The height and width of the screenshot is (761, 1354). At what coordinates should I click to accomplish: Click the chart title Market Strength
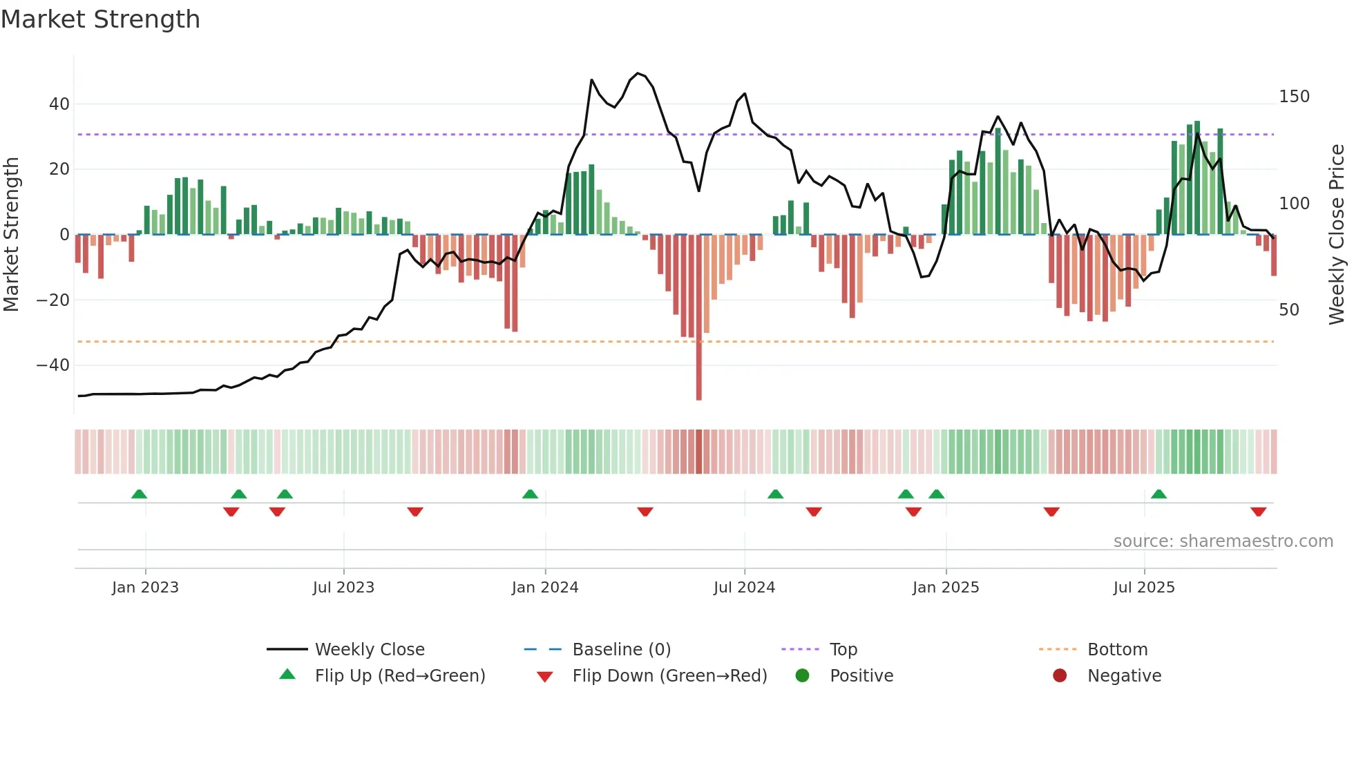pyautogui.click(x=100, y=19)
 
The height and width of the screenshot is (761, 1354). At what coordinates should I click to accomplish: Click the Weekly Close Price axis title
pyautogui.click(x=1337, y=234)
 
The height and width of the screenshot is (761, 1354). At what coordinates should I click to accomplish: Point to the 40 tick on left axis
pyautogui.click(x=59, y=104)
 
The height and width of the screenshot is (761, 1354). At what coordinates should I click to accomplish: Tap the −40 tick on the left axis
pyautogui.click(x=53, y=365)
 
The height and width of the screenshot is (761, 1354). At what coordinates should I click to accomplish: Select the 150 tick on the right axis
pyautogui.click(x=1293, y=97)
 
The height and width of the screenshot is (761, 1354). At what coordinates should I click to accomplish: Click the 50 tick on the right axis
pyautogui.click(x=1288, y=310)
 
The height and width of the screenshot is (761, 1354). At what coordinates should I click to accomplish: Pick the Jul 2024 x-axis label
pyautogui.click(x=744, y=588)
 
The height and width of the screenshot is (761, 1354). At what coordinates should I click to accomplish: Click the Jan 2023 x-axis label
pyautogui.click(x=145, y=588)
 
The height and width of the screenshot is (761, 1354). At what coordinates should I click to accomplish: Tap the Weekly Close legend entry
pyautogui.click(x=369, y=650)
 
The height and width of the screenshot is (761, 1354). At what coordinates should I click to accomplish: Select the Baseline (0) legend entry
pyautogui.click(x=621, y=650)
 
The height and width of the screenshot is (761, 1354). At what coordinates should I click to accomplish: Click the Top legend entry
pyautogui.click(x=843, y=650)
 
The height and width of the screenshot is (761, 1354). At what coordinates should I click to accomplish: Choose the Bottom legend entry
pyautogui.click(x=1117, y=650)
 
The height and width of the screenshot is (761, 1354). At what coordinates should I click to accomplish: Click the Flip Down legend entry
pyautogui.click(x=669, y=676)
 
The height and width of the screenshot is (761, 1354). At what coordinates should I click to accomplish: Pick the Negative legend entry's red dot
pyautogui.click(x=1059, y=675)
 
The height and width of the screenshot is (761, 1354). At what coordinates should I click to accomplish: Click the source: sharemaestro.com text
pyautogui.click(x=1223, y=541)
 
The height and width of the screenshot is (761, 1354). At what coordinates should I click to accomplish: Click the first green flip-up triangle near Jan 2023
pyautogui.click(x=139, y=494)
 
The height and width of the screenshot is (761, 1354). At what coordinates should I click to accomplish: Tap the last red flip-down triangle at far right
pyautogui.click(x=1258, y=512)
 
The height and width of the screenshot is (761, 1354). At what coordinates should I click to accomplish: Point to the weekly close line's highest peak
pyautogui.click(x=637, y=73)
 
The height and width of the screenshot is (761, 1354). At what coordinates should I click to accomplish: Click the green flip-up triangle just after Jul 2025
pyautogui.click(x=1158, y=494)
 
